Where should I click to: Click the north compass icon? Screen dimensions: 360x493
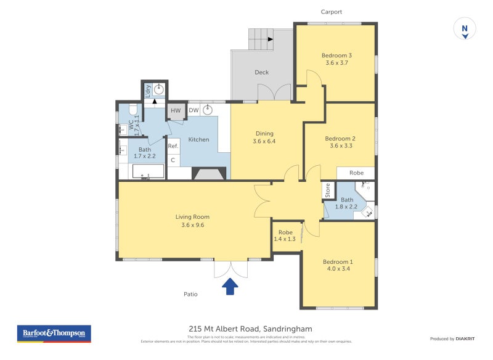(465, 29)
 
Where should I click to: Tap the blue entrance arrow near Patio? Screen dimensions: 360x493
(230, 287)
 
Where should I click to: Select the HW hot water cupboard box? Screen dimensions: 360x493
(176, 110)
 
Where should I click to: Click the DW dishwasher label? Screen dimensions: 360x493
(194, 110)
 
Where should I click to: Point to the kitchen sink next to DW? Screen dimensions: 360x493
(208, 110)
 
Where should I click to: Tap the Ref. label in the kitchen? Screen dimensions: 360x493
(173, 146)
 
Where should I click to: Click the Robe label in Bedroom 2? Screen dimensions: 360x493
(356, 173)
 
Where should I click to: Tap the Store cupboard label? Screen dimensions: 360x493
(328, 191)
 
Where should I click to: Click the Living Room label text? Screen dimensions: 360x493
(192, 217)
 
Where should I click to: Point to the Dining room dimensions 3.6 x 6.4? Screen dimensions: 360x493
(263, 141)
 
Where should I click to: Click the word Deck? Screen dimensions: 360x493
(262, 72)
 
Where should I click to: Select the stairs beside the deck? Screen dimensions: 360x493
(262, 39)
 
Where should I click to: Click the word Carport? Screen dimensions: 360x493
(332, 12)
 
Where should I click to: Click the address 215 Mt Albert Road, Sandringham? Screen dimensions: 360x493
(246, 329)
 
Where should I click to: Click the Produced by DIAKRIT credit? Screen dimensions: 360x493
(452, 338)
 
